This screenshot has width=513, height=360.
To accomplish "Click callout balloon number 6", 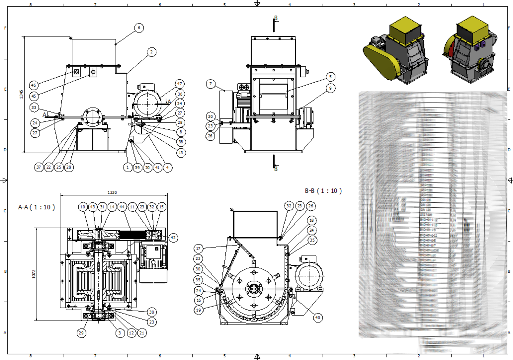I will [139, 28].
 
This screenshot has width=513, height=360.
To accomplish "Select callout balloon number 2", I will [151, 51].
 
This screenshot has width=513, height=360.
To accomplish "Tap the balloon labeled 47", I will [180, 84].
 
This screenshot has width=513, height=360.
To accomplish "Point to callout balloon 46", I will [34, 85].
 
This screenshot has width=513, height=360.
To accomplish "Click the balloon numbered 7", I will [211, 84].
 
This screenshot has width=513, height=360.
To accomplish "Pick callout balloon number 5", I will [330, 77].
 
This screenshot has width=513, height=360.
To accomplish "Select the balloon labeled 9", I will [330, 88].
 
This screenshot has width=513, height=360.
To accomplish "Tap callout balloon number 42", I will [173, 238].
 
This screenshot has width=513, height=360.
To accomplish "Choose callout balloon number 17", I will [199, 248].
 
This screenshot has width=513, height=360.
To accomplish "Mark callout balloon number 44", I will [122, 207].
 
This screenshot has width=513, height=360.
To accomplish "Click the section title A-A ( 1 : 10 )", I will [36, 207].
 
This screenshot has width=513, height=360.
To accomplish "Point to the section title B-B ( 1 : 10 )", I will [323, 191].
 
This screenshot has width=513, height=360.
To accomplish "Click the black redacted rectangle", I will [388, 346].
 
